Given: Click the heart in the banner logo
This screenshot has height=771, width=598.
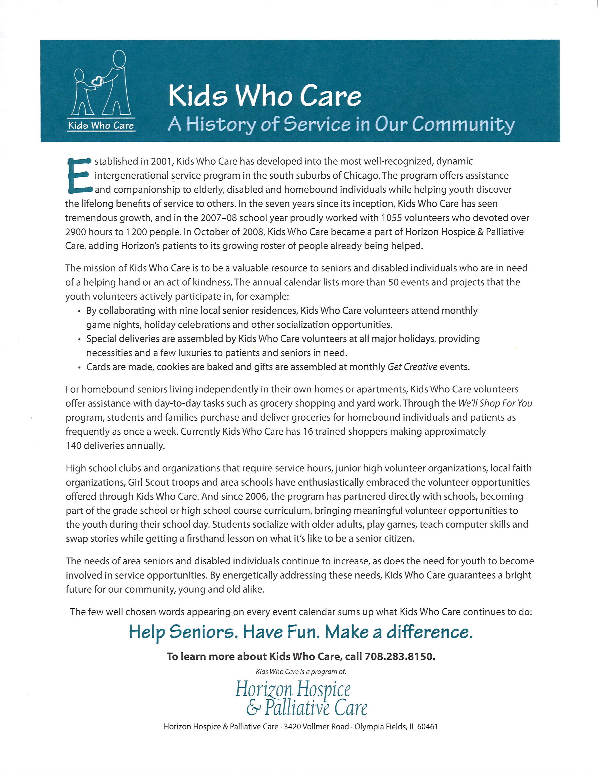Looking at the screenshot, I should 97,81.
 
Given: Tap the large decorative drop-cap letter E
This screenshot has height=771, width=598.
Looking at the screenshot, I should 79,175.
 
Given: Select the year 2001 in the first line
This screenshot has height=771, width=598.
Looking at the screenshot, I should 161,161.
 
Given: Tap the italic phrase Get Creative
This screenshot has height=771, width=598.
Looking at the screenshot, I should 413,367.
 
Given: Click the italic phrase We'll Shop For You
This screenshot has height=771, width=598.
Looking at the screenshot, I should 495,403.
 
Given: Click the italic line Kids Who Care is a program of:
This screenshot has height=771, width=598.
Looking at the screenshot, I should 301,671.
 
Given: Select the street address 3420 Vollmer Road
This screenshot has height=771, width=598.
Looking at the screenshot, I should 316,727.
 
